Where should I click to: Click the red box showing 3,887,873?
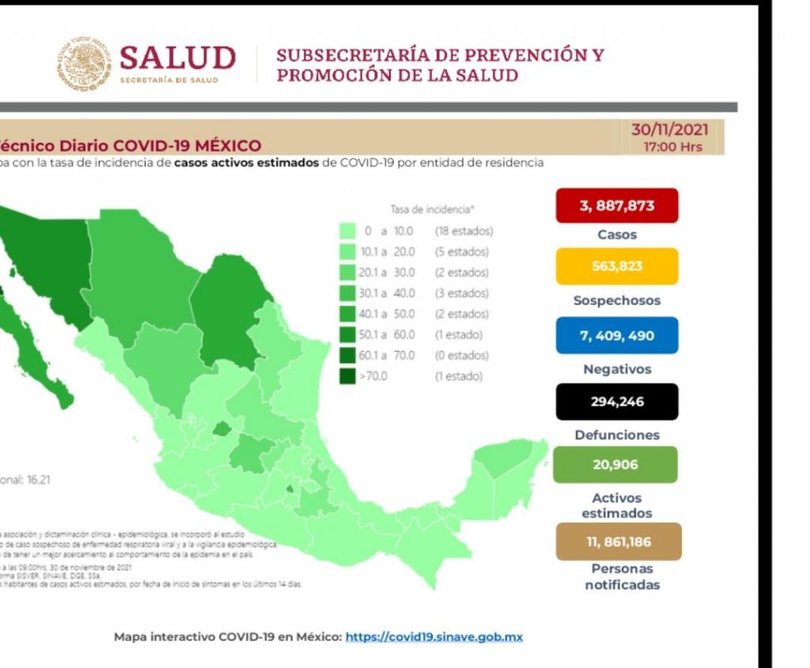click(x=617, y=206)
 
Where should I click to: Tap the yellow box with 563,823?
click(x=617, y=266)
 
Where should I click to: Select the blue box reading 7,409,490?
click(x=617, y=335)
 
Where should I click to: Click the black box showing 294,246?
click(x=617, y=402)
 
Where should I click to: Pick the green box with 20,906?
click(x=615, y=465)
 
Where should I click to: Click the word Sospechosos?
click(x=617, y=300)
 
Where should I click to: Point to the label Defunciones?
click(x=617, y=435)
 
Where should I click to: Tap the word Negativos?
click(x=617, y=369)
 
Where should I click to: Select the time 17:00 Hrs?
click(x=672, y=147)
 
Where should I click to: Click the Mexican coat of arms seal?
click(x=84, y=64)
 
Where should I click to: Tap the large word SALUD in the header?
click(x=177, y=58)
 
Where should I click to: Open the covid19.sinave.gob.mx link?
click(x=434, y=636)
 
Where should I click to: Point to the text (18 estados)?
click(x=464, y=232)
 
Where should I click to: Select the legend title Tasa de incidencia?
click(x=432, y=210)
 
